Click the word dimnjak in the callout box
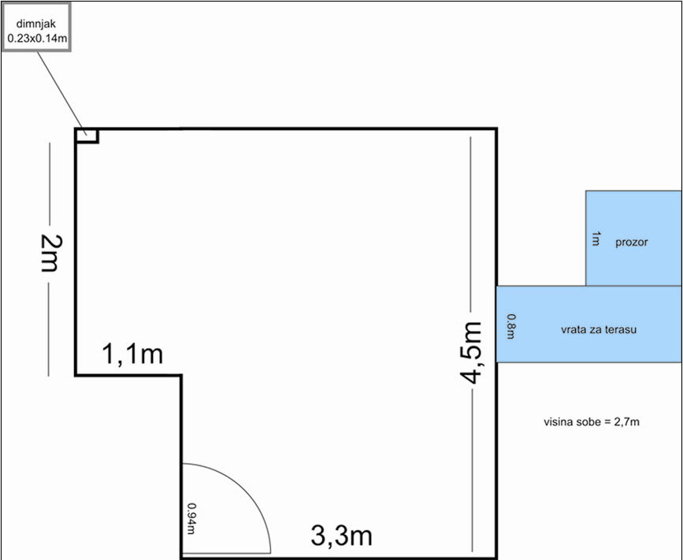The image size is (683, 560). click(x=36, y=24)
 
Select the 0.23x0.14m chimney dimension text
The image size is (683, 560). click(x=37, y=39)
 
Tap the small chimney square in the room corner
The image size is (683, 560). click(x=87, y=135)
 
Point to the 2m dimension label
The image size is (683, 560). click(x=51, y=253)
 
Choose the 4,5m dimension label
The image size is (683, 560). click(x=471, y=353)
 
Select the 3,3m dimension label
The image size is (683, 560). click(x=342, y=535)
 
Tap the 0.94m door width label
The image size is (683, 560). click(x=191, y=518)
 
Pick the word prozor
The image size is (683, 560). click(x=632, y=242)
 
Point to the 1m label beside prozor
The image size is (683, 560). click(x=596, y=239)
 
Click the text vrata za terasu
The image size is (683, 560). click(x=599, y=329)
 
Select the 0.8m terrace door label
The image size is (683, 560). click(x=511, y=327)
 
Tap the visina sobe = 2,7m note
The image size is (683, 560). click(x=592, y=421)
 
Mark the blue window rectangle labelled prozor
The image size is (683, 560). click(x=634, y=238)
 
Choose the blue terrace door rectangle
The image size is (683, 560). click(x=589, y=324)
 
